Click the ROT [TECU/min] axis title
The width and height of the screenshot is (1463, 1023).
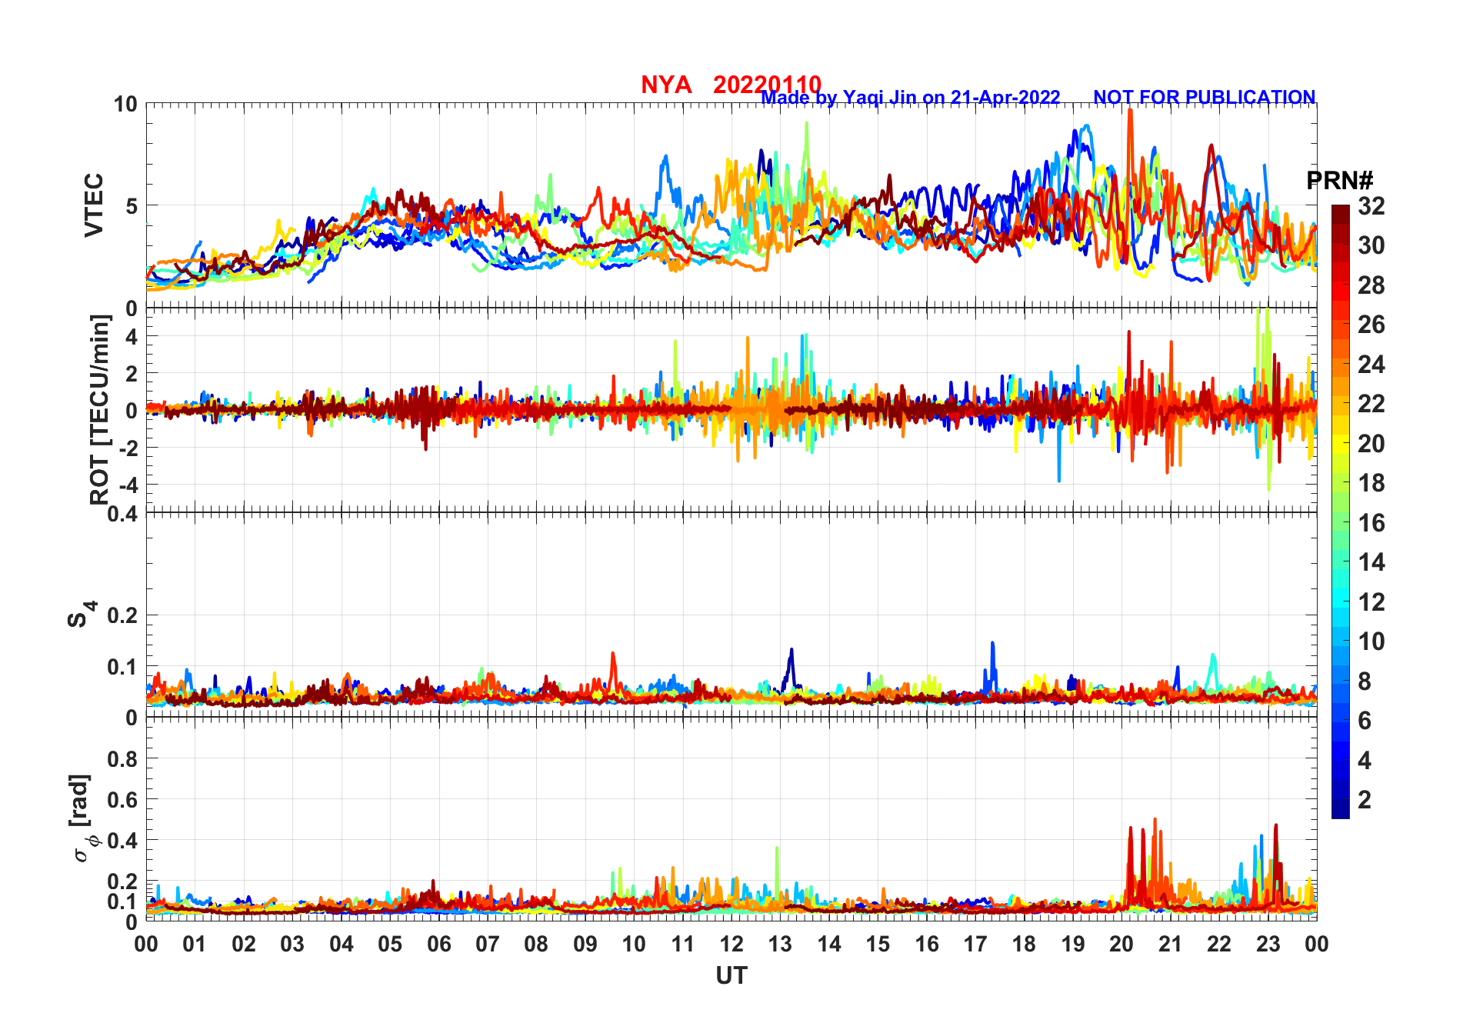99,409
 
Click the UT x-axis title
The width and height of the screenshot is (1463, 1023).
731,975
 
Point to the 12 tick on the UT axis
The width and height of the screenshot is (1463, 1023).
731,945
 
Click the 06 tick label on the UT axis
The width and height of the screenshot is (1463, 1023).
438,945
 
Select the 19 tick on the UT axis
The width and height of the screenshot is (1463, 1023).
1073,945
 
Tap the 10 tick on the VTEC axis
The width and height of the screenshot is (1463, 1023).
125,105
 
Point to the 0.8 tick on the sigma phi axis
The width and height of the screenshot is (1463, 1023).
122,759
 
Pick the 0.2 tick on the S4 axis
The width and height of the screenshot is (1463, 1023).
122,615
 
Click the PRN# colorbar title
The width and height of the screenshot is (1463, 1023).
1339,181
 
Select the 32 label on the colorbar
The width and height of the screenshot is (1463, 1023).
1371,206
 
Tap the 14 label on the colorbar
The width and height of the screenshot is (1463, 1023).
1371,562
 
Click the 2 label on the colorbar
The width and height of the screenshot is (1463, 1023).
1365,800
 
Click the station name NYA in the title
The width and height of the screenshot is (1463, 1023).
666,85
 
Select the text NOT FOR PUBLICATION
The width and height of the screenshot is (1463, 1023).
1204,98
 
